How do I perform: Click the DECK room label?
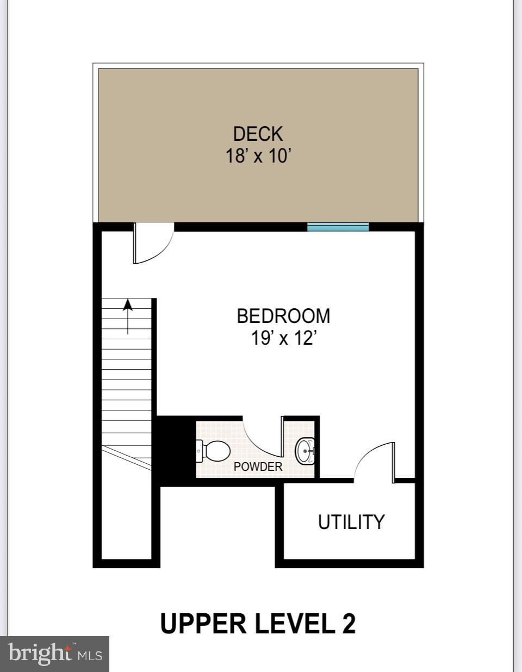258,134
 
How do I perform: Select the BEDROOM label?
283,316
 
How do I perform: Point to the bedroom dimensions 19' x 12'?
283,339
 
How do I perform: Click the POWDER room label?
258,466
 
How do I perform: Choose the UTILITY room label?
351,522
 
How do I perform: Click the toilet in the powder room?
213,451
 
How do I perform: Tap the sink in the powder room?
306,451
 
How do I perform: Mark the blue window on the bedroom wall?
338,227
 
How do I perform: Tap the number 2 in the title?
349,624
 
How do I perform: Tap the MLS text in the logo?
90,655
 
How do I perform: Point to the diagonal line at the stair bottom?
126,457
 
